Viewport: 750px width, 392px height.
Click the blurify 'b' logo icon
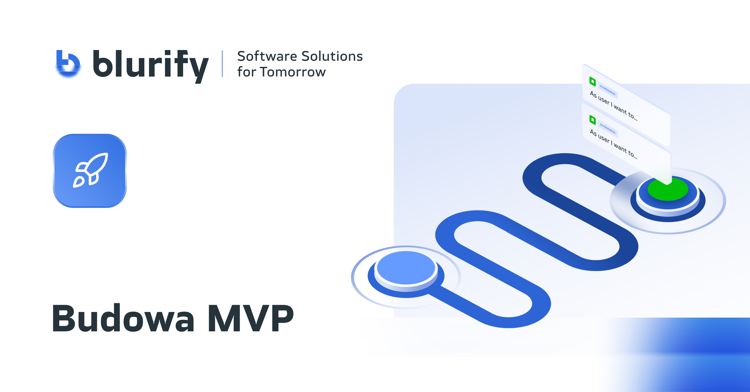[68, 63]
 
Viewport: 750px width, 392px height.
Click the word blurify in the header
[150, 65]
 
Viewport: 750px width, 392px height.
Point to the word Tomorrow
[293, 72]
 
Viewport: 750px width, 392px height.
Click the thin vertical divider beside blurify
[222, 64]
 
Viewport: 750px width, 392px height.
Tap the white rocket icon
[90, 170]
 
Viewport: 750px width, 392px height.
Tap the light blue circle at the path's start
[406, 268]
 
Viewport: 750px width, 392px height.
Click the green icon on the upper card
[592, 81]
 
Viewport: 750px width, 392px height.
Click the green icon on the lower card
[592, 120]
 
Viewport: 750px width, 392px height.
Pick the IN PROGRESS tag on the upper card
[607, 90]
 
